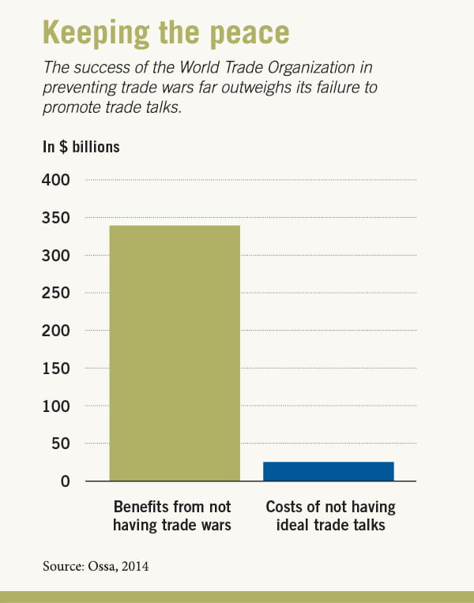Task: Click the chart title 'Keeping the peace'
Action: tap(166, 32)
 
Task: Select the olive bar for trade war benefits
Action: tap(175, 353)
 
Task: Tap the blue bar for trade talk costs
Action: tap(328, 471)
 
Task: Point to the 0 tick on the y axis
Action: tap(66, 481)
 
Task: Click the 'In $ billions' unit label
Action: tap(81, 147)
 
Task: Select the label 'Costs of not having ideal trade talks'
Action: tap(330, 515)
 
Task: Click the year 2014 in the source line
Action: tap(137, 566)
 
